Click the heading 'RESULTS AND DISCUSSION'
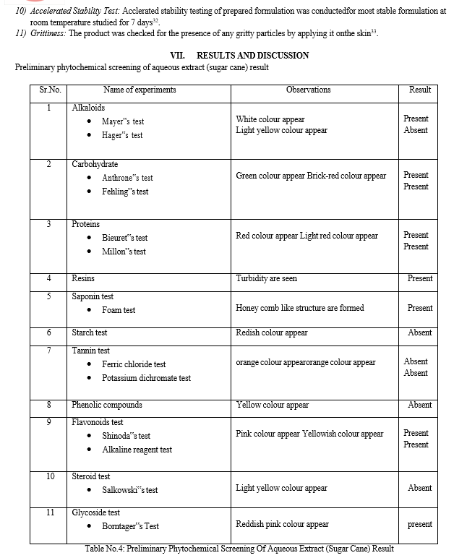(252, 56)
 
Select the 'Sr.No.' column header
(49, 90)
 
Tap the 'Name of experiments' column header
(140, 90)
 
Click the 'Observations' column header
(308, 90)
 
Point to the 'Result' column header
(419, 90)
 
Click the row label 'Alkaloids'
(88, 108)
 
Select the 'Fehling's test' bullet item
(125, 192)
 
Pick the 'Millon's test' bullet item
(124, 252)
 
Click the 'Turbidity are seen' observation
(266, 278)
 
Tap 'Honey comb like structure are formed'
(299, 308)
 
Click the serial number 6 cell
(49, 333)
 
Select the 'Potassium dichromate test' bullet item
(146, 378)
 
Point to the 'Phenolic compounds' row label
(107, 405)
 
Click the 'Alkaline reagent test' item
(137, 450)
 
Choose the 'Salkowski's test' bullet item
(129, 490)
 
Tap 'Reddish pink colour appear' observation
(282, 525)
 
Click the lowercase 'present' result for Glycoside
(419, 525)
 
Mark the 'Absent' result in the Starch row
(419, 333)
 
